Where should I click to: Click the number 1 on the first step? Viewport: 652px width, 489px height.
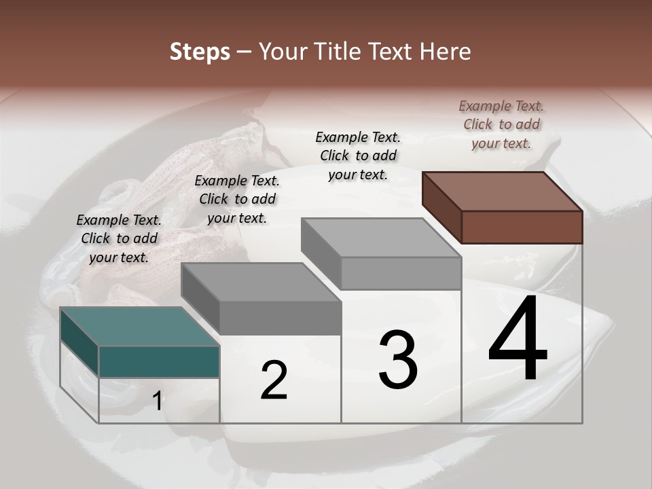158,401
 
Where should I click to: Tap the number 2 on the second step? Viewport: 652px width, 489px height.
274,380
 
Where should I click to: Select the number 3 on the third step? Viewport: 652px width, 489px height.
398,360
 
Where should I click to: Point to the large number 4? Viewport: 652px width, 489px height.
518,339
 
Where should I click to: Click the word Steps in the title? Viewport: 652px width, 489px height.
200,52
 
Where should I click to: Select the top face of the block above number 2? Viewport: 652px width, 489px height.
261,282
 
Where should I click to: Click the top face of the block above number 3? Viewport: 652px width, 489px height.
381,238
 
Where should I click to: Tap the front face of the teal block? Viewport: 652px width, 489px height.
159,361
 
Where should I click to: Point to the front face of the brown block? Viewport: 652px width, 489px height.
522,227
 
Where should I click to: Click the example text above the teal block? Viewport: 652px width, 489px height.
119,238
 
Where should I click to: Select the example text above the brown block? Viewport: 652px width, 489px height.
501,124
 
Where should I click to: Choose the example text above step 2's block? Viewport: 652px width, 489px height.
237,199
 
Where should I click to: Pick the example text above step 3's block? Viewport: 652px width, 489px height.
358,156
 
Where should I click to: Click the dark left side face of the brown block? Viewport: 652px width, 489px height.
441,207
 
